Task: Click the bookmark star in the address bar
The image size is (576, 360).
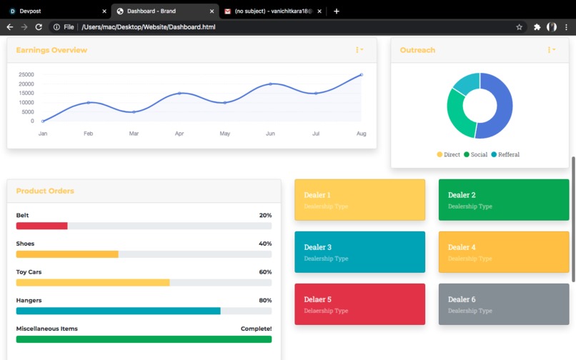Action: pyautogui.click(x=520, y=27)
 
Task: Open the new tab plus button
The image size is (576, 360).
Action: pyautogui.click(x=337, y=11)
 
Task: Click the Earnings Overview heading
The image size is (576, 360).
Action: pyautogui.click(x=51, y=50)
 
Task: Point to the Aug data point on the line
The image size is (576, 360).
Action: pyautogui.click(x=361, y=74)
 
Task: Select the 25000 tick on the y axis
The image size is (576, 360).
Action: pyautogui.click(x=26, y=74)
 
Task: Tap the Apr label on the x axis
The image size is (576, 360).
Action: pyautogui.click(x=179, y=134)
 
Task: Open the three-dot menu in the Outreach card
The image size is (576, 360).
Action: pyautogui.click(x=551, y=50)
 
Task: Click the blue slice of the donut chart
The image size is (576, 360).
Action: pyautogui.click(x=497, y=107)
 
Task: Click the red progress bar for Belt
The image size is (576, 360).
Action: pyautogui.click(x=41, y=226)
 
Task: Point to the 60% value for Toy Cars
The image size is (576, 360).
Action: pyautogui.click(x=265, y=272)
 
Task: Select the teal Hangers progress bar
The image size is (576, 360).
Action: pyautogui.click(x=118, y=311)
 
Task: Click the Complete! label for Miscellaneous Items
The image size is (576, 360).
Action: pyautogui.click(x=256, y=329)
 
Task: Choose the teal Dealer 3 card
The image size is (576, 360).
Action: pyautogui.click(x=359, y=252)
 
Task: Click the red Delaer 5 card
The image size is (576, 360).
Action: pyautogui.click(x=359, y=304)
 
